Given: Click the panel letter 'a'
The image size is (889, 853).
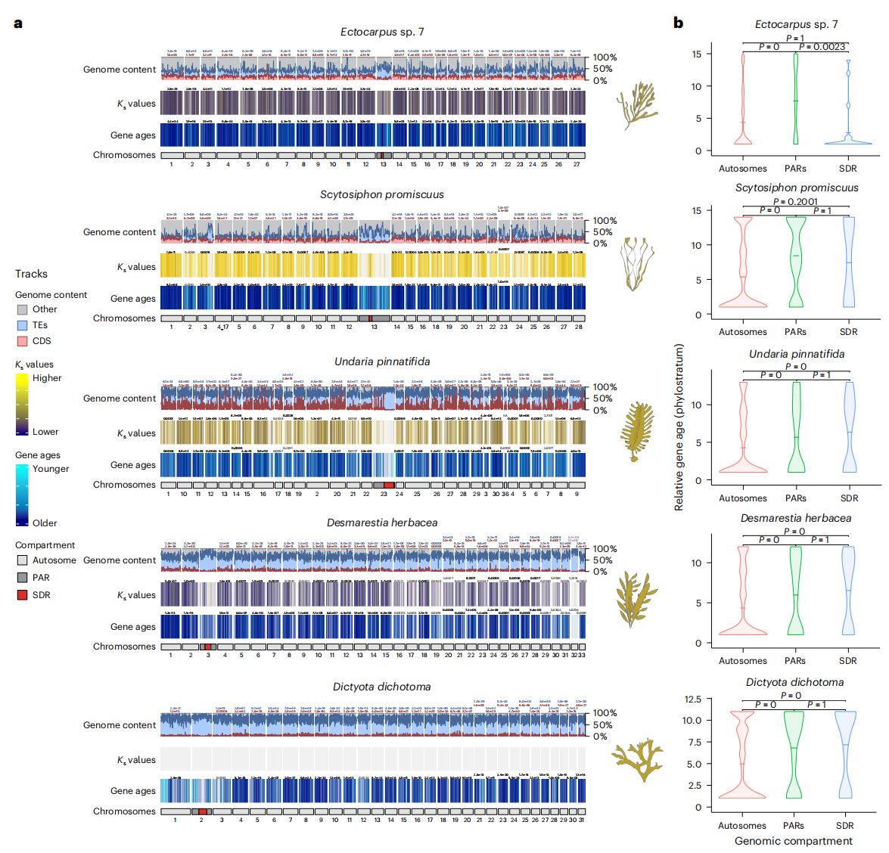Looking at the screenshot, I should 18,23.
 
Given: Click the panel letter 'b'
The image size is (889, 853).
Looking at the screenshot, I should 678,23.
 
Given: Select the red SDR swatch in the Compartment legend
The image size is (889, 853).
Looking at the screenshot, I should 23,595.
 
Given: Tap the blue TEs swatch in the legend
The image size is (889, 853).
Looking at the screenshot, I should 23,325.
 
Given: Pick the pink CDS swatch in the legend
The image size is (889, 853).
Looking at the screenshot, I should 23,341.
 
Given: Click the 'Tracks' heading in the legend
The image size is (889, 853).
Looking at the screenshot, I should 31,274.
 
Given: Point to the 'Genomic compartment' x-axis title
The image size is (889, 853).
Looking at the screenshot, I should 793,841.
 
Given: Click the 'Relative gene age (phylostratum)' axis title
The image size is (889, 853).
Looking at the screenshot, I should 679,427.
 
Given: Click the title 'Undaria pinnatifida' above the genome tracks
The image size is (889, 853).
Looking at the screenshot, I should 382,361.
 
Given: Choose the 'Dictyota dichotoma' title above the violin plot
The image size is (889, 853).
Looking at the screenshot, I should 794,682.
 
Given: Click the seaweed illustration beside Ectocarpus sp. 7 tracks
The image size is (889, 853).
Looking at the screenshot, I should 636,107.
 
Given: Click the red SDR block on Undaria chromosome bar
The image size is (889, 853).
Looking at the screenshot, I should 388,485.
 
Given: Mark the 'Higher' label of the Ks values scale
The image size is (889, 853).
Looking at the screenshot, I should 47,378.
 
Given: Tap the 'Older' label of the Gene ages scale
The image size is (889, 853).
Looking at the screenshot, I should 45,523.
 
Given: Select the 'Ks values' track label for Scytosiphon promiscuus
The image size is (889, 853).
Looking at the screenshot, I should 136,267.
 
